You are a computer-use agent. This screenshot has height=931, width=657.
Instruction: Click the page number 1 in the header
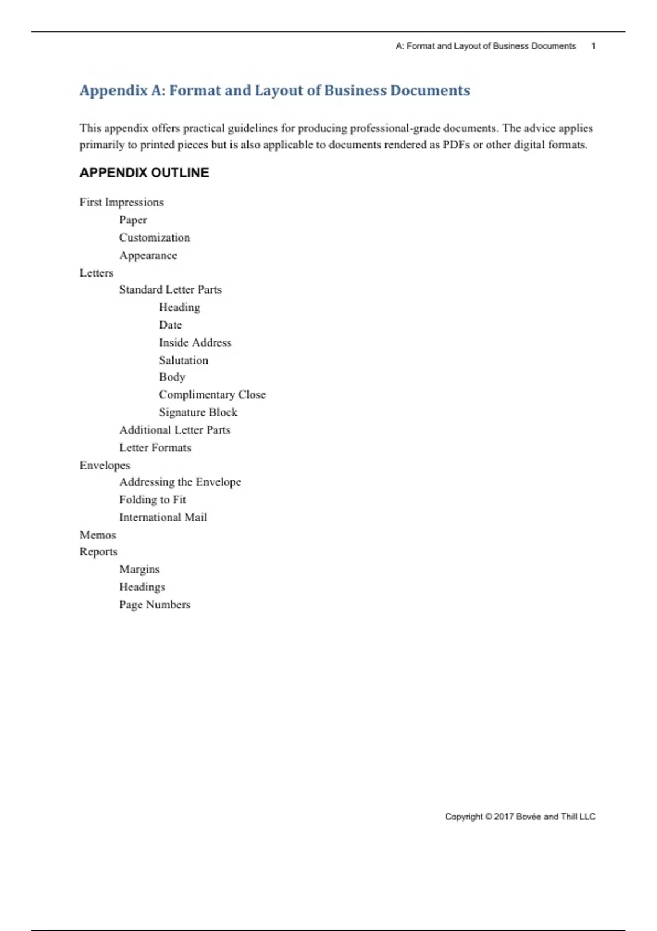pos(593,46)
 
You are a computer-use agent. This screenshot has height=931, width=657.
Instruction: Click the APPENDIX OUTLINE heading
pos(144,173)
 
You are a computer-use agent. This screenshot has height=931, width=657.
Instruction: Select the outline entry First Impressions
pos(122,202)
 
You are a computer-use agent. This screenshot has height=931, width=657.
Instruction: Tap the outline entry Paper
pos(133,220)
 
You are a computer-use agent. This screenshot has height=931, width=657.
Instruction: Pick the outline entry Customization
pos(154,238)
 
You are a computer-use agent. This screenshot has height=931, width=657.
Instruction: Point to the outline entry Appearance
pos(148,255)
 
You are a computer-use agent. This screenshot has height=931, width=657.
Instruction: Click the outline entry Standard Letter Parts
pos(170,289)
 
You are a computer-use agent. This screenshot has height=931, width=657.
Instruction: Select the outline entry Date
pos(170,325)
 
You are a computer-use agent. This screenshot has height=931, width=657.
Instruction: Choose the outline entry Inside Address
pos(195,342)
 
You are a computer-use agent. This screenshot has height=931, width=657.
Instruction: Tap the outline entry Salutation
pos(183,360)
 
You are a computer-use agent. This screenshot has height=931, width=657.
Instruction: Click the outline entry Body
pos(172,377)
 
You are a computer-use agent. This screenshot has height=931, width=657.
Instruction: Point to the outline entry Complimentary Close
pos(212,394)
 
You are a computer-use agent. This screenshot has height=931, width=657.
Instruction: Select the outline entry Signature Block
pos(198,412)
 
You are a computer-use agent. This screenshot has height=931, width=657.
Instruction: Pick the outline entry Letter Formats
pos(155,447)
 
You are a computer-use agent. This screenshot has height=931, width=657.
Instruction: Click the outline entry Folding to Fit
pos(152,499)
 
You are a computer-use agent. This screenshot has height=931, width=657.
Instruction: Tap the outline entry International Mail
pos(163,517)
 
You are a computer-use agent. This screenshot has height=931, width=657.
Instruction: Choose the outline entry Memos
pos(97,535)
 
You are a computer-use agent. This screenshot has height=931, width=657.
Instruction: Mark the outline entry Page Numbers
pos(154,605)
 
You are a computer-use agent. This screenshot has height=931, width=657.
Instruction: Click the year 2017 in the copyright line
pos(504,817)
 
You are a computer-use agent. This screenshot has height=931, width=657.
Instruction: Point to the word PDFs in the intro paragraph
pos(457,145)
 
